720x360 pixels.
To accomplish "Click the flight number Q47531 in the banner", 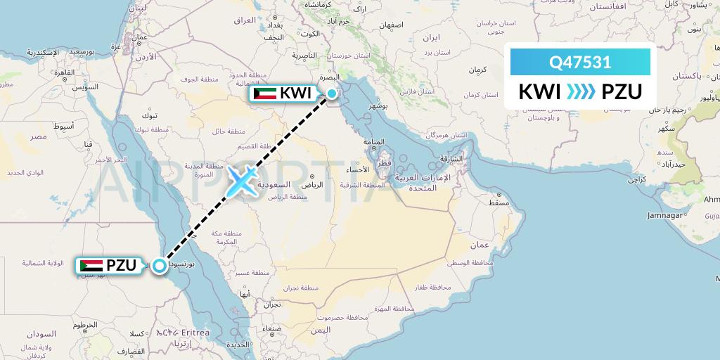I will (580, 62).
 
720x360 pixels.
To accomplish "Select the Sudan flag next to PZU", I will (90, 266).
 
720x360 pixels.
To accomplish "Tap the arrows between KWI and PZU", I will (581, 92).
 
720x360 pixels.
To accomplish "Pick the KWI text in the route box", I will (539, 92).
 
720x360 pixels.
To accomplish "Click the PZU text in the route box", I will (622, 92).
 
